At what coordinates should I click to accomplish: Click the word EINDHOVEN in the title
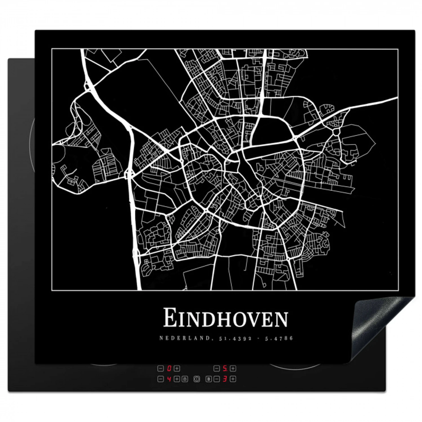click(226, 318)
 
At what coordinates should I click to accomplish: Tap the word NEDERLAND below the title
click(184, 338)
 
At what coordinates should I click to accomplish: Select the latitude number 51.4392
click(235, 338)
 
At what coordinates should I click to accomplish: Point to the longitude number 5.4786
click(279, 338)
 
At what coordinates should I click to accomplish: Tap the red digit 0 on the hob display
click(169, 368)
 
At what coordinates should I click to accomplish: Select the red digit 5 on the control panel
click(225, 368)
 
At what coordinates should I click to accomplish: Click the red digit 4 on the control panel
click(169, 379)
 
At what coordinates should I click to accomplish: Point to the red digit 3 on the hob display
click(225, 379)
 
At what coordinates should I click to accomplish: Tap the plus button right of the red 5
click(233, 368)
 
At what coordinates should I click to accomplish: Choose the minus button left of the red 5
click(217, 368)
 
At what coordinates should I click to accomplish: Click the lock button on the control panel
click(185, 379)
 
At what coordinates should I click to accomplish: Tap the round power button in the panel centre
click(197, 379)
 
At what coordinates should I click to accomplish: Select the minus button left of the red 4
click(161, 379)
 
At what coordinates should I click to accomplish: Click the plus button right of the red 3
click(233, 379)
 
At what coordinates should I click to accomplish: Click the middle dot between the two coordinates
click(258, 338)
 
